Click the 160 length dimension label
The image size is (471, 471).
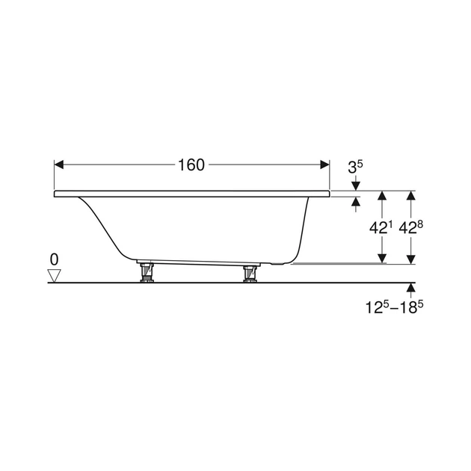pyautogui.click(x=191, y=165)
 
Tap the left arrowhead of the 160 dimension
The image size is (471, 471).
pyautogui.click(x=59, y=164)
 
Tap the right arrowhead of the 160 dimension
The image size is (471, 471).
pyautogui.click(x=324, y=164)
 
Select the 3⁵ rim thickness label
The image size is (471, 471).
pyautogui.click(x=355, y=167)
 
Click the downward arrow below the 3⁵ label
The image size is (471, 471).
pyautogui.click(x=356, y=183)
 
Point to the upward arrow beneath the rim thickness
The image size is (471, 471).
pyautogui.click(x=356, y=205)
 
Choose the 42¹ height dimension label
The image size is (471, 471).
pyautogui.click(x=381, y=228)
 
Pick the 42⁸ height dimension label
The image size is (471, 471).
pyautogui.click(x=410, y=228)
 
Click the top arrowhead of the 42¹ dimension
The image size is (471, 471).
pyautogui.click(x=382, y=195)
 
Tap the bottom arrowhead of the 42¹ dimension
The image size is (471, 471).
pyautogui.click(x=382, y=259)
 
